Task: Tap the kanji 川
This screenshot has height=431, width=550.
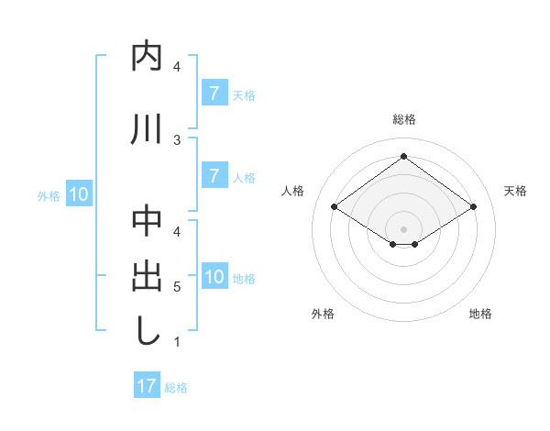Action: tap(148, 129)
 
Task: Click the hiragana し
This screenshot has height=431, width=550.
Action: tap(148, 331)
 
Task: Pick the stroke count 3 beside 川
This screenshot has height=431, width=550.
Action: tap(177, 138)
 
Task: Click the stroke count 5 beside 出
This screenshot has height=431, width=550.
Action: tap(177, 286)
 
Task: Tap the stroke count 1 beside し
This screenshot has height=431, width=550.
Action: tap(177, 342)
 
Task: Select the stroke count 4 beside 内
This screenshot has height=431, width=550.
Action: tap(177, 67)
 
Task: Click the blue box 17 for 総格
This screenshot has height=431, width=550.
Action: tap(147, 386)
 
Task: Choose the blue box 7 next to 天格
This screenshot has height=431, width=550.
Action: tap(214, 94)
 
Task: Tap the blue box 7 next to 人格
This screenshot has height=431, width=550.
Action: tap(214, 176)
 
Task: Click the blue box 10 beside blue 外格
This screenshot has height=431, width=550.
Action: tap(79, 194)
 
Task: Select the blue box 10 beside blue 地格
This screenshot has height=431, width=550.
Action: tap(214, 277)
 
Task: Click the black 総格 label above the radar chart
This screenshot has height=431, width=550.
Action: tap(403, 119)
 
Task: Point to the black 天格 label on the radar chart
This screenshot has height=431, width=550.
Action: tap(515, 191)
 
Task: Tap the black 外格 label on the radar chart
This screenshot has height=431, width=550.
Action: tap(323, 314)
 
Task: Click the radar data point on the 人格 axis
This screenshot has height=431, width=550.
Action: tap(335, 207)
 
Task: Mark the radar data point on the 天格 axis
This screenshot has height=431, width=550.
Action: tap(473, 207)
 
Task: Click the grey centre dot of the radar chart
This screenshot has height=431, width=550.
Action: tap(403, 228)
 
